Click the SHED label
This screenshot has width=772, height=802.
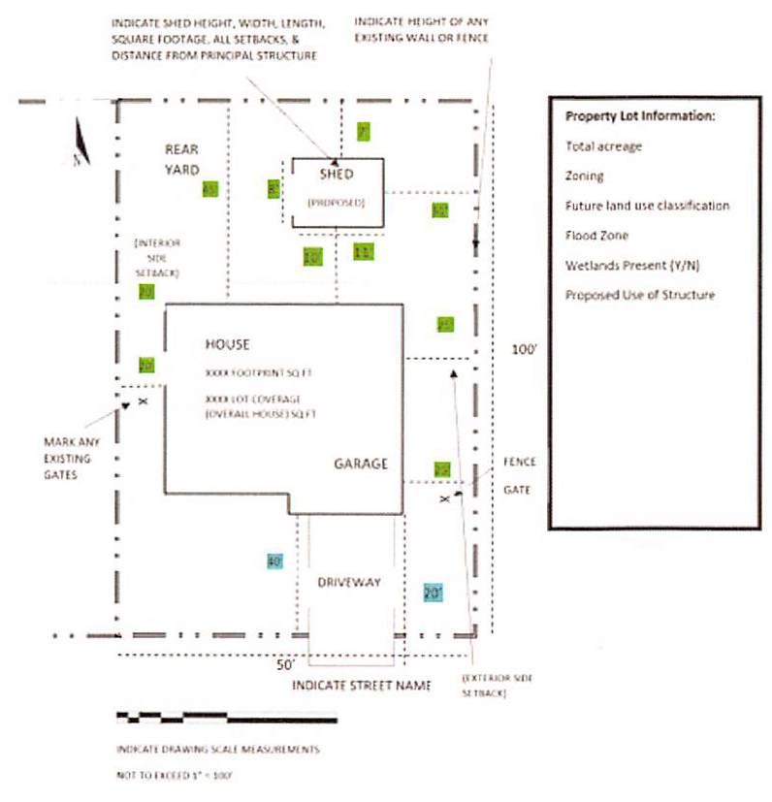click(x=336, y=174)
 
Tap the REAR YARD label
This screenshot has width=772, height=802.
click(x=181, y=159)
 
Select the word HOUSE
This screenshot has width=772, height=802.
click(x=228, y=344)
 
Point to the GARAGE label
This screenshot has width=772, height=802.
click(x=361, y=464)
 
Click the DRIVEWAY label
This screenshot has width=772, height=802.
click(x=349, y=583)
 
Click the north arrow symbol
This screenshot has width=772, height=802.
click(x=81, y=143)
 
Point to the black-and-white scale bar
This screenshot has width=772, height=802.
click(x=226, y=719)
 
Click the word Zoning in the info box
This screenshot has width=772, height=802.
click(x=585, y=176)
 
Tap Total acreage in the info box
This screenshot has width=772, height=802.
click(x=603, y=146)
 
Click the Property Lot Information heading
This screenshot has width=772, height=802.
click(x=640, y=116)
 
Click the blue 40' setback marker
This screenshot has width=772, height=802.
click(x=273, y=561)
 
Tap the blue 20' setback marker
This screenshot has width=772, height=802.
click(x=433, y=592)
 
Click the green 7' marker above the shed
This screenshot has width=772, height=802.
click(x=364, y=132)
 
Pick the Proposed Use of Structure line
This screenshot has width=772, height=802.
click(x=640, y=295)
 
